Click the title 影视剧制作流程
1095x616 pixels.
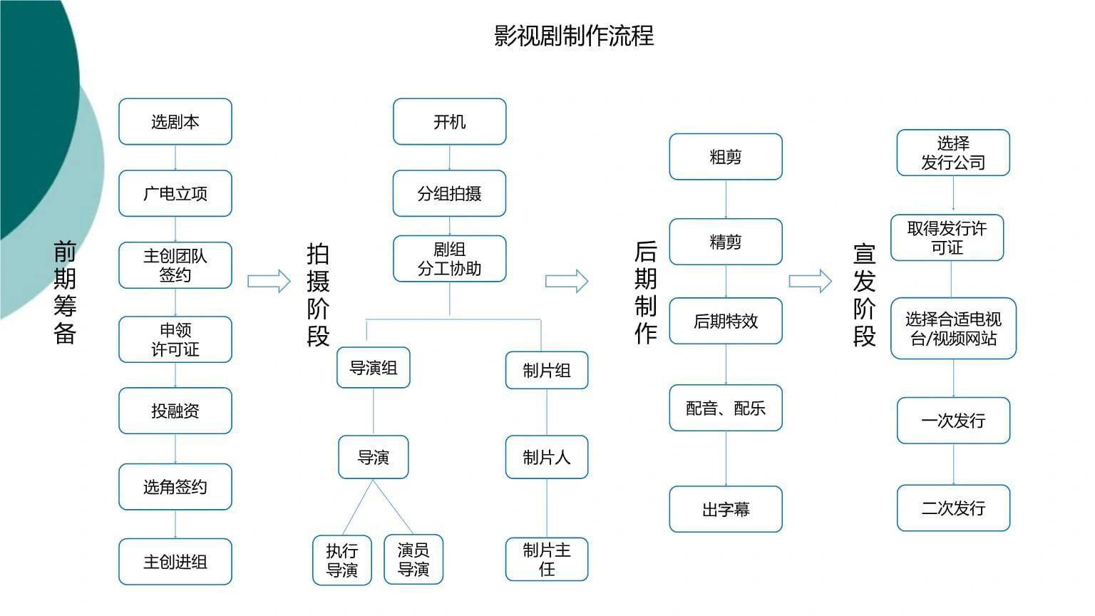point(574,36)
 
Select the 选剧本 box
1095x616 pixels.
point(175,122)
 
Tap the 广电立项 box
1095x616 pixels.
point(175,194)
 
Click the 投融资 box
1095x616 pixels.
point(175,411)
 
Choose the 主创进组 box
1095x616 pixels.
point(175,562)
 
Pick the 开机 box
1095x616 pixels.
point(449,122)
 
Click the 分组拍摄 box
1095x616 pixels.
point(449,194)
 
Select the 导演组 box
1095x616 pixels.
point(374,368)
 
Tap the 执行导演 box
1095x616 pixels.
point(342,560)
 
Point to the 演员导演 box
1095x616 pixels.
point(413,559)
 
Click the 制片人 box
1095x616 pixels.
point(547,457)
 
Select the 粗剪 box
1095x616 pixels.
point(726,157)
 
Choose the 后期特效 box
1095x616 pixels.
point(726,322)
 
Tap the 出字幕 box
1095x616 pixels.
point(726,510)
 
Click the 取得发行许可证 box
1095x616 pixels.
point(947,238)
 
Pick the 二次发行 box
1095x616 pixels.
point(953,508)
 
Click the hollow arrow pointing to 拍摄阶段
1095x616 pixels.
point(269,281)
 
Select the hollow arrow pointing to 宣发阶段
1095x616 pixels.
point(810,281)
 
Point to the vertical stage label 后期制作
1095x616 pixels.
point(645,292)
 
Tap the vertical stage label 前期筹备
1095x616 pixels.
point(65,292)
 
